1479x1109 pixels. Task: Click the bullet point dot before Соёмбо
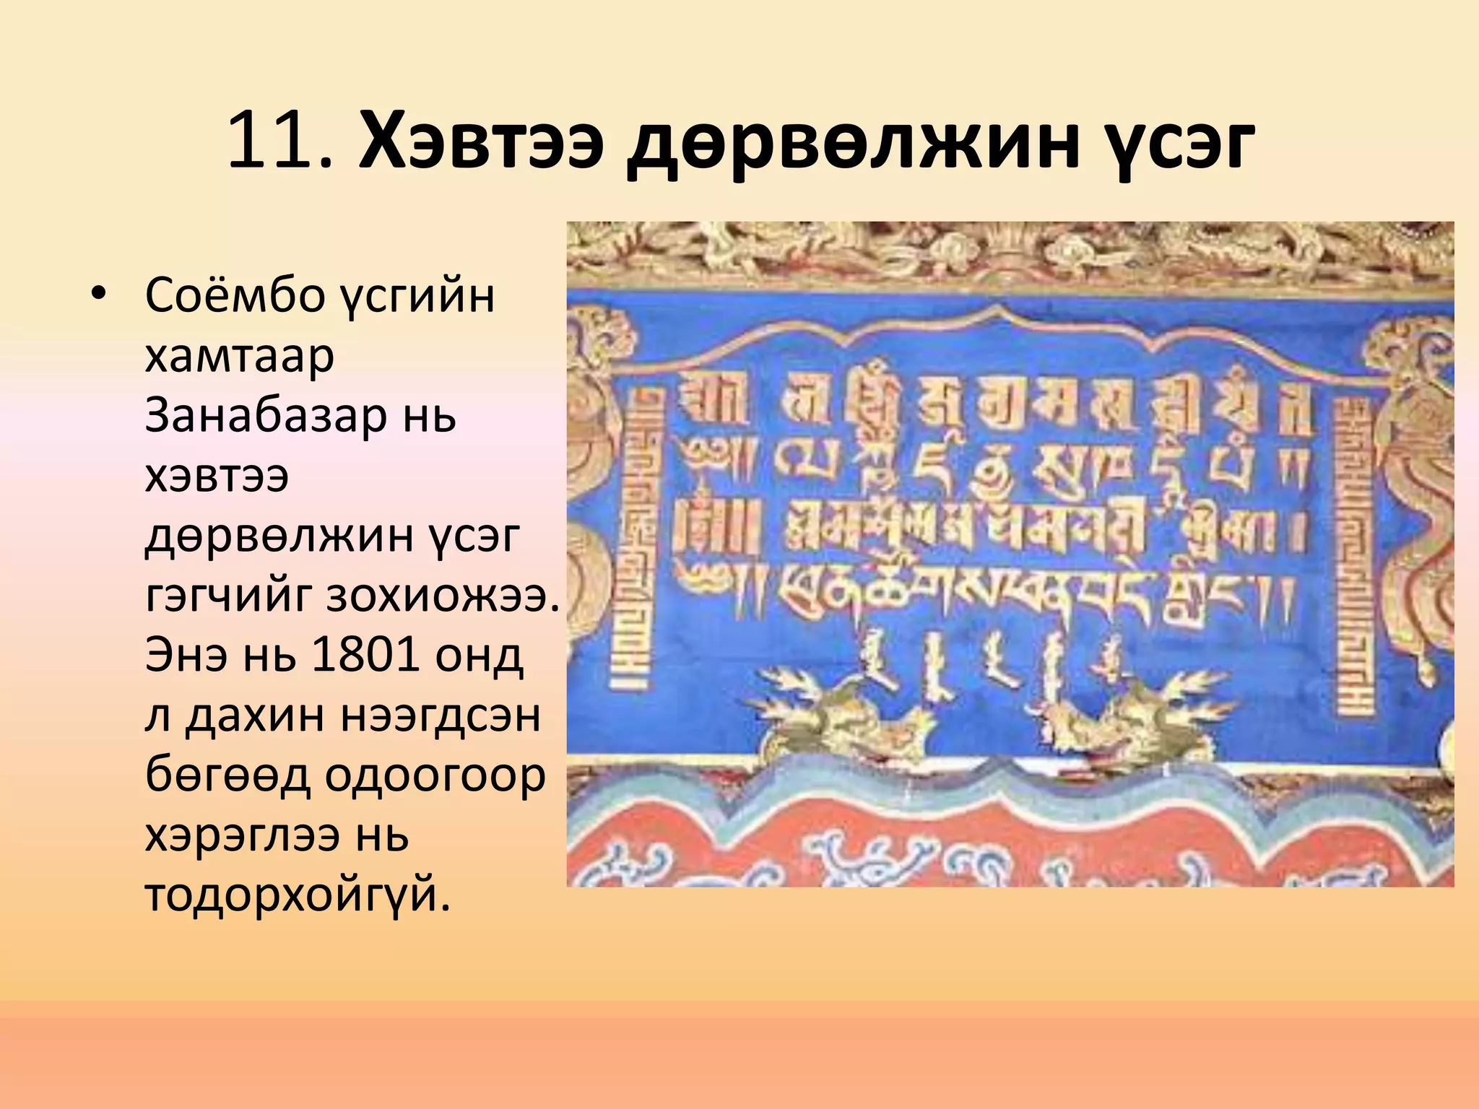tap(99, 294)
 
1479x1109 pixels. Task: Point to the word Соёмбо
tap(235, 295)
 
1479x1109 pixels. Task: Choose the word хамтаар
tap(239, 356)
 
